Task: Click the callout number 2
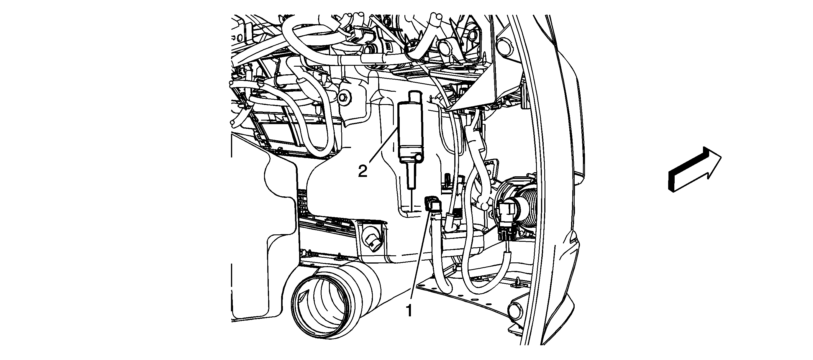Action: [x=363, y=171]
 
